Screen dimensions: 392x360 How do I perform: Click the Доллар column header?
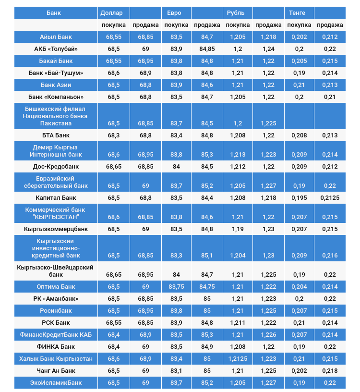(x=111, y=12)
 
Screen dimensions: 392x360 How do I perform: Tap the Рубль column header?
(x=235, y=12)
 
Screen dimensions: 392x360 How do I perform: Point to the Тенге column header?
(x=297, y=12)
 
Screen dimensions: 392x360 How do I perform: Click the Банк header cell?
(x=54, y=12)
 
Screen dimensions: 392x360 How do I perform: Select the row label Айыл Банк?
(x=56, y=37)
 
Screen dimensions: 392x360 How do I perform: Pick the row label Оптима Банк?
(x=56, y=287)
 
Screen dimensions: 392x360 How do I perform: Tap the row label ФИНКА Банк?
(x=56, y=347)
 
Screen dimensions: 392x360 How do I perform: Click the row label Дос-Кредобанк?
(x=56, y=167)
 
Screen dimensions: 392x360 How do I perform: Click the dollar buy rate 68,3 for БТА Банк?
(x=114, y=135)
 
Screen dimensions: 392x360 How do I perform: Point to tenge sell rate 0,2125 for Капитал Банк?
(x=330, y=198)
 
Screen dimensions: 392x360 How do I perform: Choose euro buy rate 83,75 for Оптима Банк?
(x=176, y=287)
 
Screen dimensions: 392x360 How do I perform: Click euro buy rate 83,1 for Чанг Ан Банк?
(x=176, y=371)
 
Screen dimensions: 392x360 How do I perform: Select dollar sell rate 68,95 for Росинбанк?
(x=145, y=311)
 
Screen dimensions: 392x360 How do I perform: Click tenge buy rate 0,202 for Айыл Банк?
(x=299, y=37)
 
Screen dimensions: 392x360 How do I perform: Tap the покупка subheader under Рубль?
(x=238, y=25)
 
